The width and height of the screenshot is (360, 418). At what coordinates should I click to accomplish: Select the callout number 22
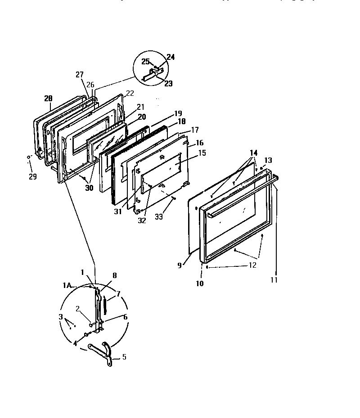(x=130, y=93)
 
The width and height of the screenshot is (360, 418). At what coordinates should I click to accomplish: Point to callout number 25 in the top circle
(x=145, y=61)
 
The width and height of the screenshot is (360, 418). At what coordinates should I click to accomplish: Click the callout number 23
(x=156, y=83)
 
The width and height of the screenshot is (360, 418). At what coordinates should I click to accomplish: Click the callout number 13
(x=268, y=160)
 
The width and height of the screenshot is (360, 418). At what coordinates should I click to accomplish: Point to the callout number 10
(x=199, y=283)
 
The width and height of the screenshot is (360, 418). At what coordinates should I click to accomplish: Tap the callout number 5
(x=124, y=357)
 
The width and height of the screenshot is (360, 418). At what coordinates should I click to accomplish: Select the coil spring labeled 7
(x=105, y=305)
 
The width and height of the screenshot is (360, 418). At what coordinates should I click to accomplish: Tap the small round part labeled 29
(x=28, y=157)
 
